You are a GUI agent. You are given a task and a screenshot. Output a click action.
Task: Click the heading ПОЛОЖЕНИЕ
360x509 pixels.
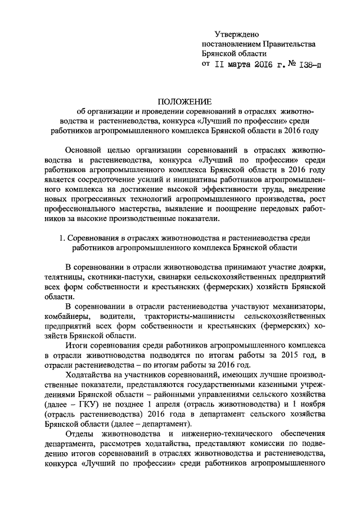point(185,102)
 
